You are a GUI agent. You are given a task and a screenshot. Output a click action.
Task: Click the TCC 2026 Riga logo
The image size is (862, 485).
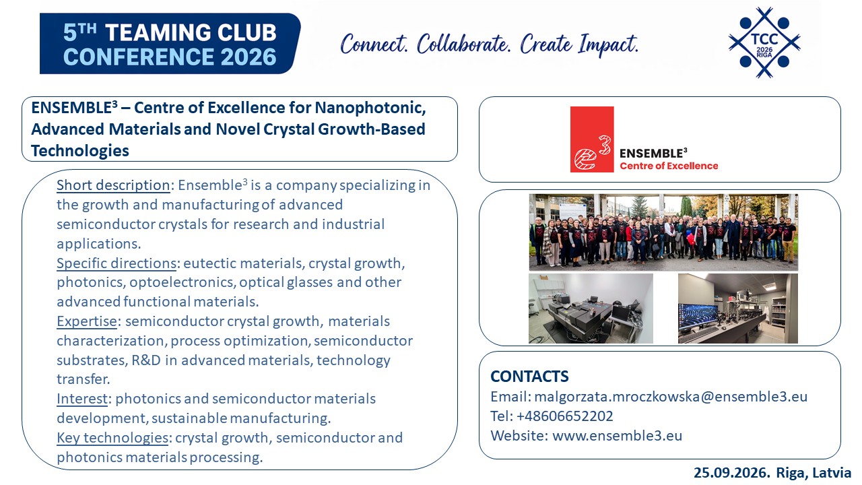pyautogui.click(x=764, y=42)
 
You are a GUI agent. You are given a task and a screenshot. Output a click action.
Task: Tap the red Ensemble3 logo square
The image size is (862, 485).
pyautogui.click(x=592, y=139)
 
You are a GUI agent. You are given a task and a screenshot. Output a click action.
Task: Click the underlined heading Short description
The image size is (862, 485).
pyautogui.click(x=113, y=185)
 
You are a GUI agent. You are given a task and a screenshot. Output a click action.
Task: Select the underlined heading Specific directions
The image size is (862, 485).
pyautogui.click(x=117, y=263)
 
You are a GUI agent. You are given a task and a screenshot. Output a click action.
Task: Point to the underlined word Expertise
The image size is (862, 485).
pyautogui.click(x=87, y=321)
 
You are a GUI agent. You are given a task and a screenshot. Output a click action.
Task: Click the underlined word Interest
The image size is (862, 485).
pyautogui.click(x=82, y=399)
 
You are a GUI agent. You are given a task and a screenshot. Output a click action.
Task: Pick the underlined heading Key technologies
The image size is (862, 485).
pyautogui.click(x=112, y=438)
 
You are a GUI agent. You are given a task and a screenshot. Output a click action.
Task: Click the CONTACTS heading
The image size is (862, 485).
pyautogui.click(x=529, y=377)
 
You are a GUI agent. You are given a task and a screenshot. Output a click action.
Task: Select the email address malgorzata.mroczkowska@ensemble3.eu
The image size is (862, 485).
pyautogui.click(x=671, y=397)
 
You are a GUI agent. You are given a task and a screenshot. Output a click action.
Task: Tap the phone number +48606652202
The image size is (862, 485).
pyautogui.click(x=564, y=416)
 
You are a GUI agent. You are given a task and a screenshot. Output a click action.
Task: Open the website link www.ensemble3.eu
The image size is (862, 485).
pyautogui.click(x=618, y=436)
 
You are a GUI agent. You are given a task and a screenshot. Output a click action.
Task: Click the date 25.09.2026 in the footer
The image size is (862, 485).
pyautogui.click(x=731, y=473)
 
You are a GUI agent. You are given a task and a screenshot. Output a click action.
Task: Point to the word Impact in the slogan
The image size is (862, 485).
pyautogui.click(x=608, y=44)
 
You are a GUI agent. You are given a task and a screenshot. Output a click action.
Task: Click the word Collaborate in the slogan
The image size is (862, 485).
pyautogui.click(x=464, y=44)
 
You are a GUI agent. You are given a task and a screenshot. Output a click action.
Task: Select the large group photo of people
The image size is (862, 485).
pyautogui.click(x=663, y=232)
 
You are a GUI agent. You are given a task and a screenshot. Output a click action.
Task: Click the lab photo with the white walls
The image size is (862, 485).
pyautogui.click(x=591, y=309)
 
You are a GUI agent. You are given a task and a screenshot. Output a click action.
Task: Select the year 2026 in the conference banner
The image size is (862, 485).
pyautogui.click(x=248, y=57)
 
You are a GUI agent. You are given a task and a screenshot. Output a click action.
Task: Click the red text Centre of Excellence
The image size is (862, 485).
pyautogui.click(x=669, y=166)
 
